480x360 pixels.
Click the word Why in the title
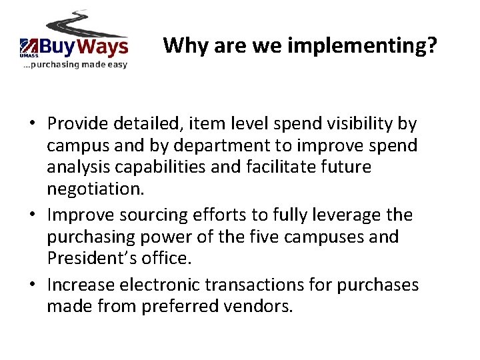pos(181,45)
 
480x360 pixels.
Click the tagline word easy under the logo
pos(113,65)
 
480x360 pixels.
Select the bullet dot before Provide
pos(32,124)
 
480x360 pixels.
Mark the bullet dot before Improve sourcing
pos(32,215)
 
